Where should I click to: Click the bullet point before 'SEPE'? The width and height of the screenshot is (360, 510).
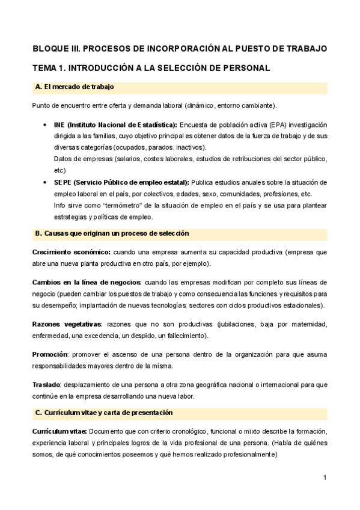pyautogui.click(x=46, y=182)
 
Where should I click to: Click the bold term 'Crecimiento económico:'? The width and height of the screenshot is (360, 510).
pyautogui.click(x=69, y=253)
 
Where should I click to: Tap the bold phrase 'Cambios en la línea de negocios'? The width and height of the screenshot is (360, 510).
pyautogui.click(x=85, y=281)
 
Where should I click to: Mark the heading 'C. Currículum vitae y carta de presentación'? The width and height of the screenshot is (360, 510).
pyautogui.click(x=105, y=413)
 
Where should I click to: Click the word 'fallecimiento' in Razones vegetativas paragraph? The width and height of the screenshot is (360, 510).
pyautogui.click(x=186, y=335)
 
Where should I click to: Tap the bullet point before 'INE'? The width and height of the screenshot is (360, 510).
pyautogui.click(x=46, y=124)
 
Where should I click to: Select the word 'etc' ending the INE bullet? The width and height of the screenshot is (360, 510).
pyautogui.click(x=58, y=170)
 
